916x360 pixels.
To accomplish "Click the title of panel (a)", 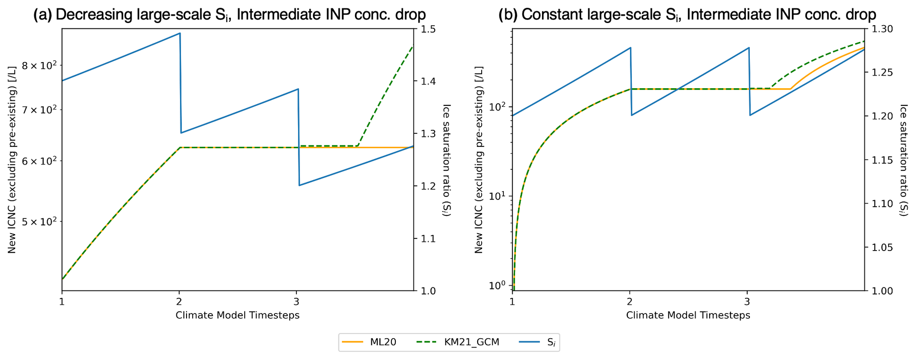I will tap(230, 14).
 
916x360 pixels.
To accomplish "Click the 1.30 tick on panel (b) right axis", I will tap(881, 29).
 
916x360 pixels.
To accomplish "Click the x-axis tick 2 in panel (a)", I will tap(179, 301).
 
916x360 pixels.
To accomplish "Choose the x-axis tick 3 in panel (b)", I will tap(747, 301).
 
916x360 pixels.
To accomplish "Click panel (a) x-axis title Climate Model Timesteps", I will tap(238, 315).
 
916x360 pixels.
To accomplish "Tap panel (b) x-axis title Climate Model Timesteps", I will tap(688, 315).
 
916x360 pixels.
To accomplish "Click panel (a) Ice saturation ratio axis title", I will tap(447, 160).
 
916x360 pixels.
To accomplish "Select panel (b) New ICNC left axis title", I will tap(479, 160).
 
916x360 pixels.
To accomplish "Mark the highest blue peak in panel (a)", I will tap(179, 33).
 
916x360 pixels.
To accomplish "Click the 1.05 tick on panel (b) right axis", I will tap(881, 247).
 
